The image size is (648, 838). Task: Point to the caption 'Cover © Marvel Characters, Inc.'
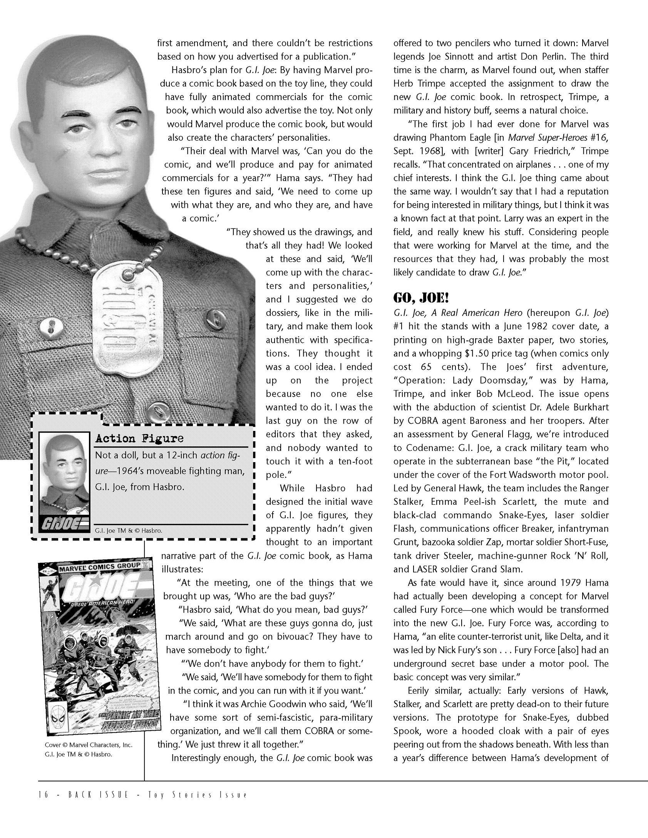89,745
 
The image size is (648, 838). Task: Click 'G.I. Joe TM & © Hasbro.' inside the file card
129,531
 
